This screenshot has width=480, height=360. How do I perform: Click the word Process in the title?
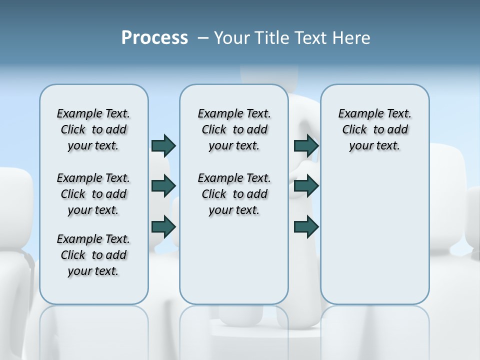coord(154,38)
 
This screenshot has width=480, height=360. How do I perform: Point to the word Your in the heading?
coord(231,38)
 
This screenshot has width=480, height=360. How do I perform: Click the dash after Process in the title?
coord(203,38)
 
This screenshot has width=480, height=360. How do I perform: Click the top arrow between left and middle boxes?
coord(163,145)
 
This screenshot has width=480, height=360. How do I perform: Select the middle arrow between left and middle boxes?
coord(163,186)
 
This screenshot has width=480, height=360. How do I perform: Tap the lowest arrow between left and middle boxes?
coord(163,227)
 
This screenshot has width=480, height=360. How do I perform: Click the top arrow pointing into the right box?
coord(306,145)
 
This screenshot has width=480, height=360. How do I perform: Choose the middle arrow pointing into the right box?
coord(306,186)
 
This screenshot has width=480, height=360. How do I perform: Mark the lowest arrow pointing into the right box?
coord(306,227)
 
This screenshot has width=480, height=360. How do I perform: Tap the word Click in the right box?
coord(354,130)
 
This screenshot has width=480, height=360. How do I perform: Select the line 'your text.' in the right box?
coord(374,146)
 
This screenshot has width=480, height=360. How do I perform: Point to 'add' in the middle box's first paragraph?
coord(257,130)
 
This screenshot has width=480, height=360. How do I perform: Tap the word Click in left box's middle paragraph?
coord(73,194)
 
